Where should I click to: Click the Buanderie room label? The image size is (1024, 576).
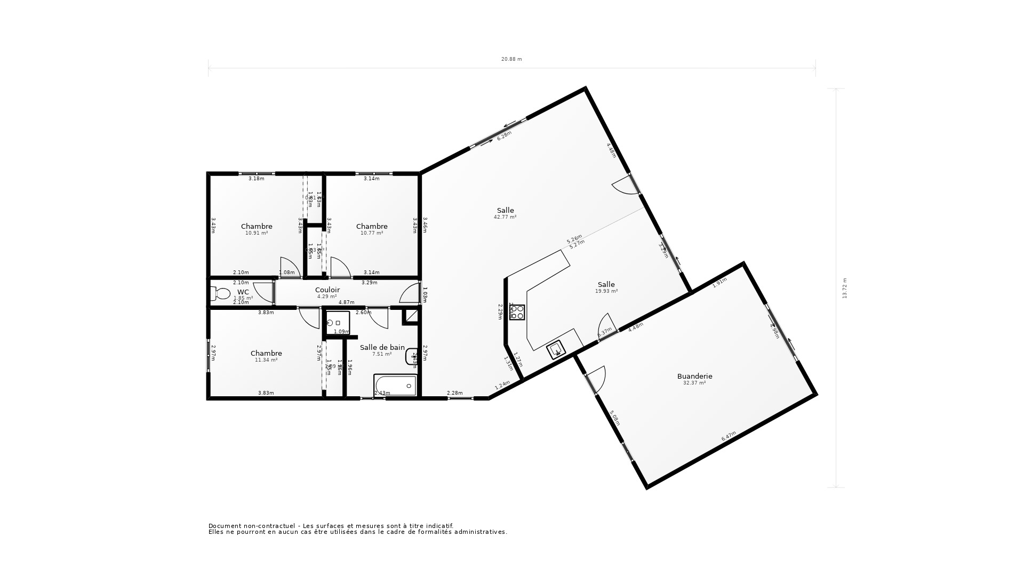tap(694, 376)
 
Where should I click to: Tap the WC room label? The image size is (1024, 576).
tap(243, 292)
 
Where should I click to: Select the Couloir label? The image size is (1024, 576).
tap(327, 290)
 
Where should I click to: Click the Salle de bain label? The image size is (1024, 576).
tap(382, 347)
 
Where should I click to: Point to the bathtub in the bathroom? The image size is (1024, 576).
tap(395, 385)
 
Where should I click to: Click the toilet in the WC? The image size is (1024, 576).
tap(220, 294)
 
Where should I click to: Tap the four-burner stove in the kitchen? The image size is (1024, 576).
tap(517, 312)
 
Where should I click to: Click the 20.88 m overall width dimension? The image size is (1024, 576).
tap(511, 59)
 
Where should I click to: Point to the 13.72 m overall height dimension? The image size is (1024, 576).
tap(845, 288)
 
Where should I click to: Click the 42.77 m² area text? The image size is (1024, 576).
tap(505, 217)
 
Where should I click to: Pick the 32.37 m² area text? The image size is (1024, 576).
tap(694, 383)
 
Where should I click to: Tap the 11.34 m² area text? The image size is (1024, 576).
tap(266, 360)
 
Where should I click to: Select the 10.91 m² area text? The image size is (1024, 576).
tap(257, 233)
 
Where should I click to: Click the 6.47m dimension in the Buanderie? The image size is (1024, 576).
tap(729, 436)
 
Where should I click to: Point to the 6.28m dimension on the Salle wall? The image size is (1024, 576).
tap(504, 135)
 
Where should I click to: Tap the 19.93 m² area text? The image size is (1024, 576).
tap(606, 291)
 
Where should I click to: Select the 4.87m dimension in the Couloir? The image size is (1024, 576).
tap(346, 302)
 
